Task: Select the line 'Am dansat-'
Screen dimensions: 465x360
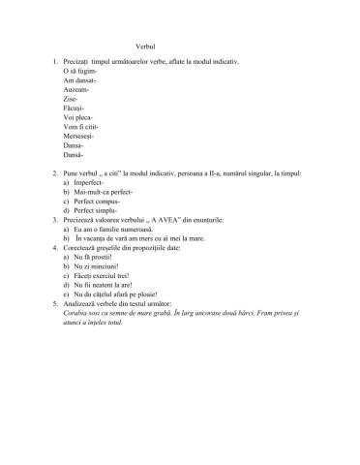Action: pyautogui.click(x=76, y=83)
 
